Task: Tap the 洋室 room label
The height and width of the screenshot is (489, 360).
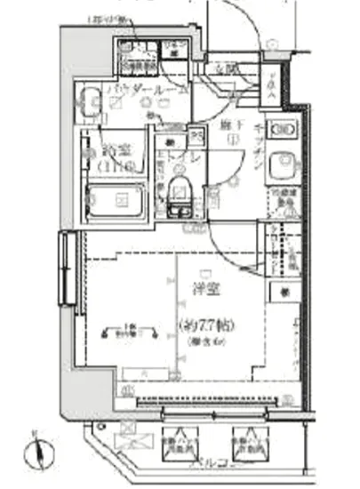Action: click(x=206, y=289)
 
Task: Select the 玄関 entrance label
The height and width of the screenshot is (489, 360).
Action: click(x=226, y=68)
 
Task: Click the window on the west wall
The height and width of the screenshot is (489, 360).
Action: click(x=65, y=269)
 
